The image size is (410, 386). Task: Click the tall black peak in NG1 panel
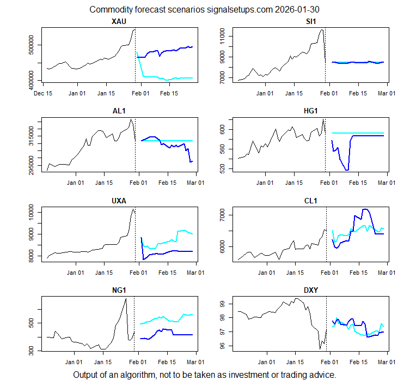point(126,299)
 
